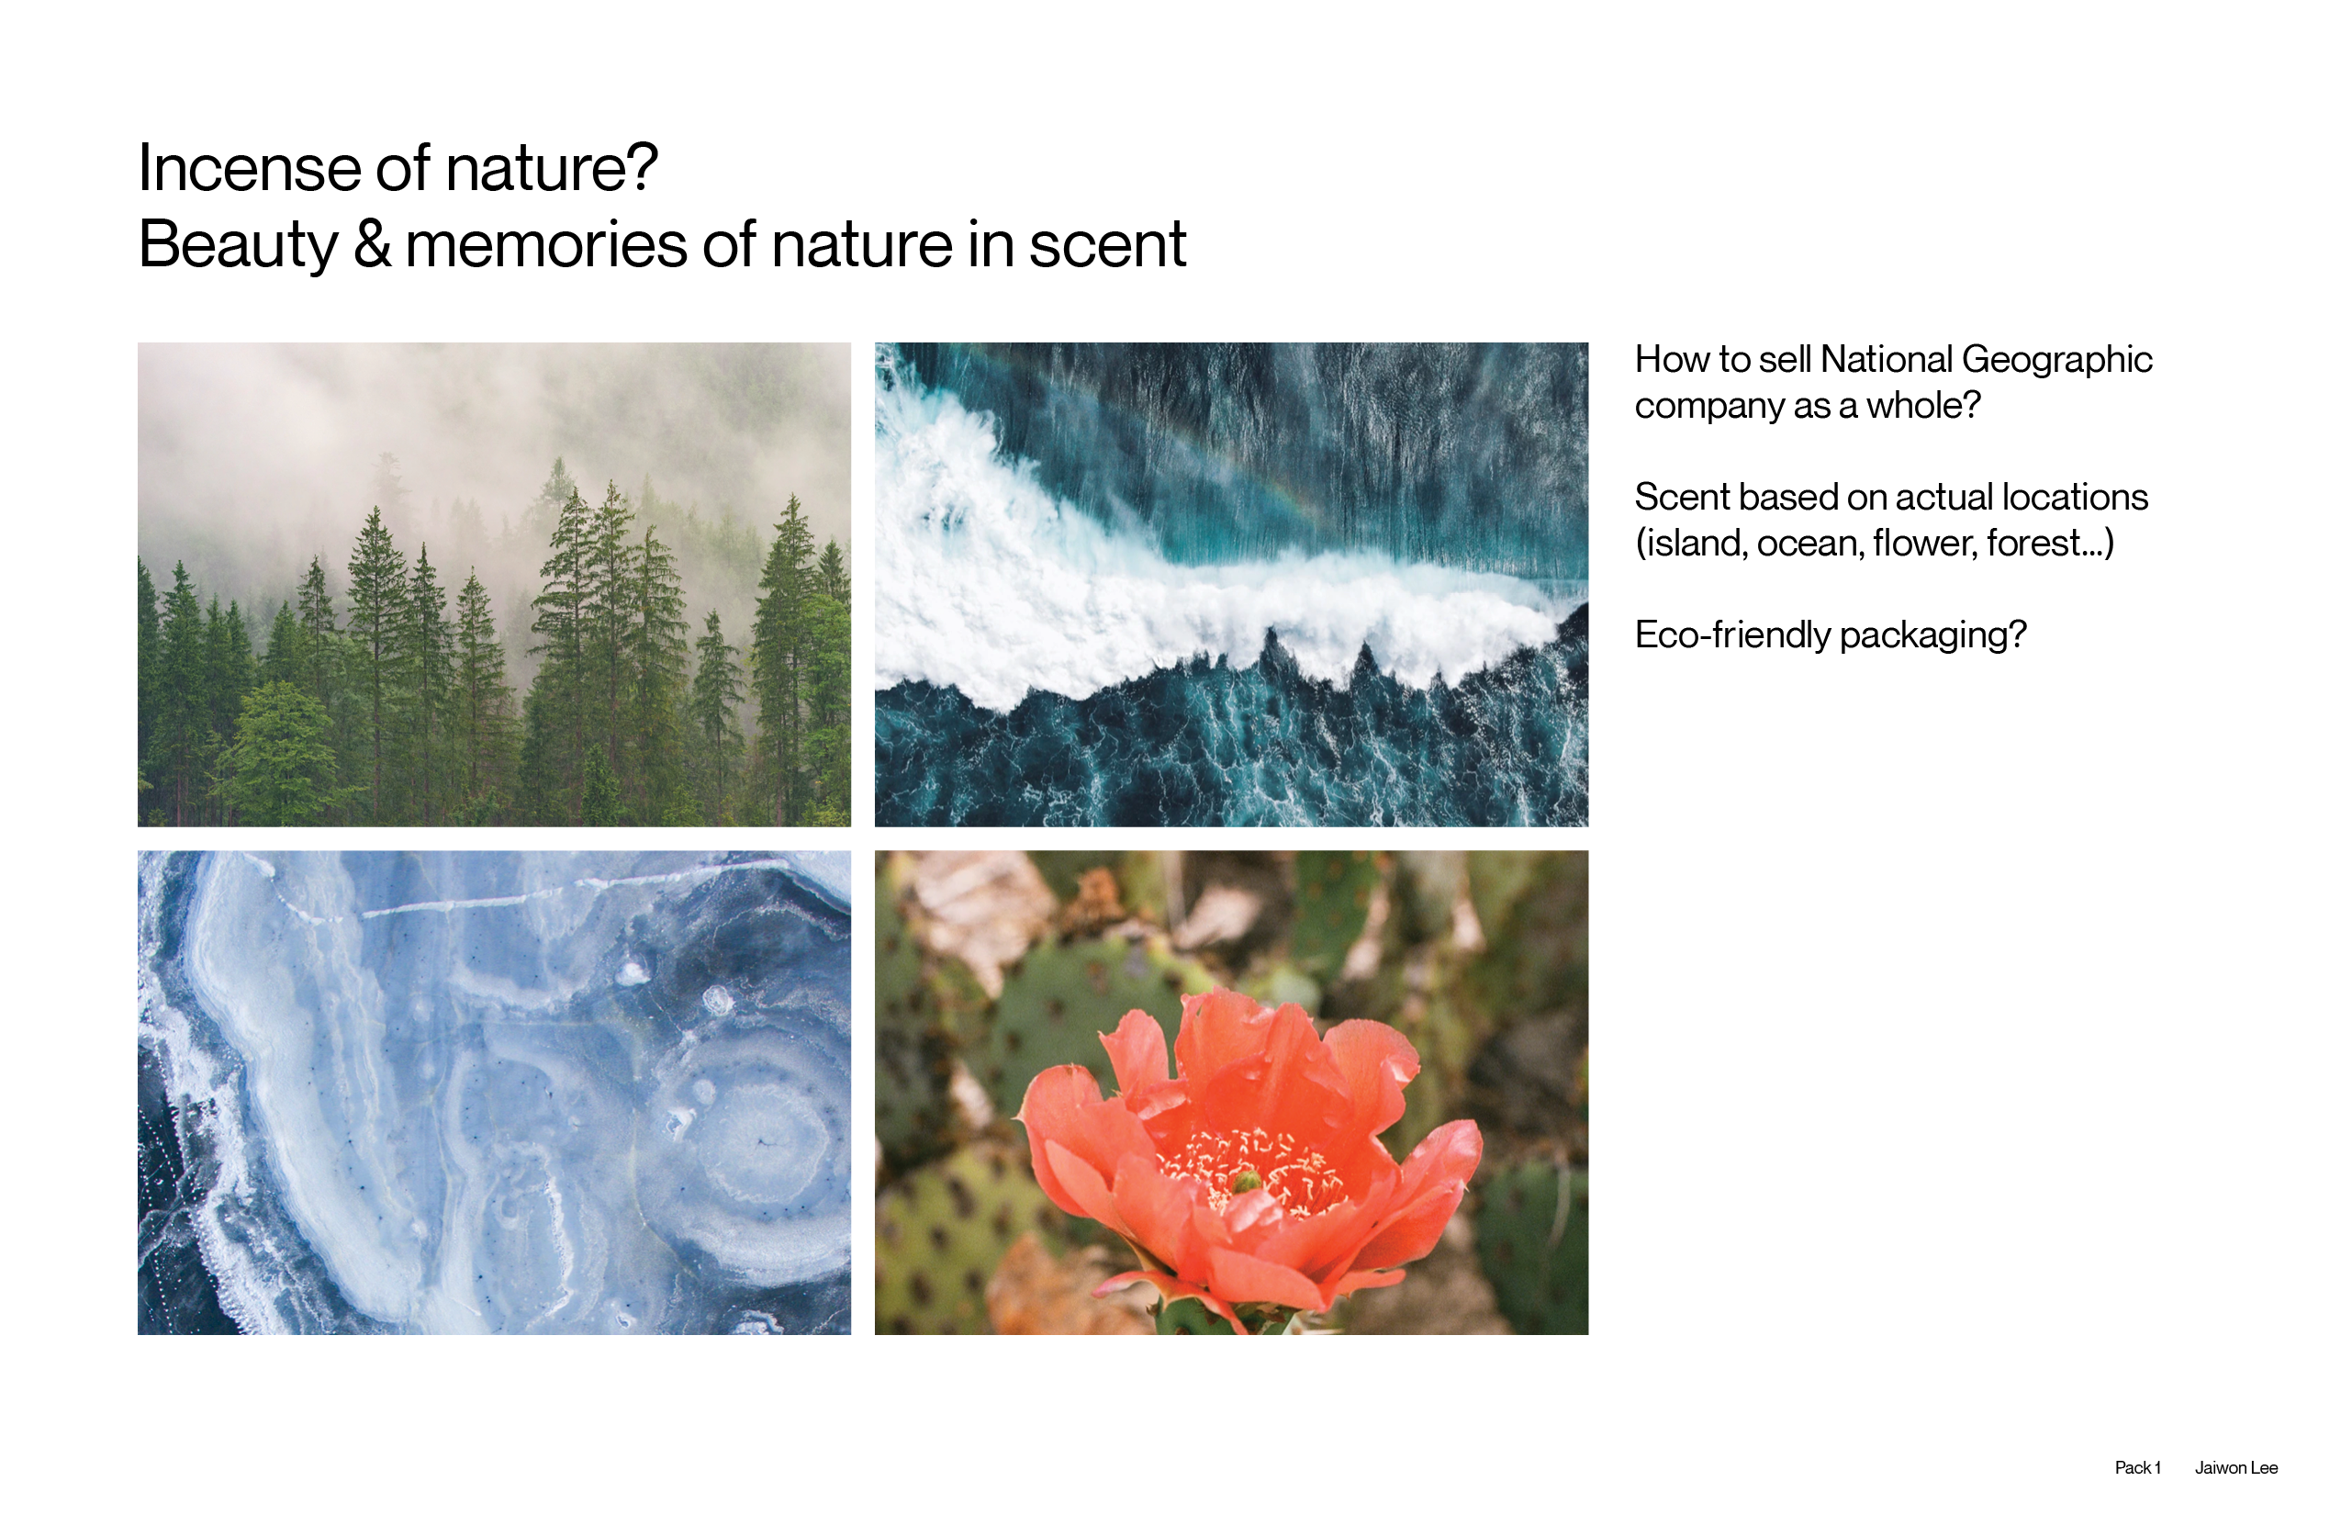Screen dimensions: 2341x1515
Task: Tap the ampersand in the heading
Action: click(372, 244)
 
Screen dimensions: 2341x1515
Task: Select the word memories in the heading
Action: click(546, 244)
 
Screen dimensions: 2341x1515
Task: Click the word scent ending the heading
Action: click(1107, 245)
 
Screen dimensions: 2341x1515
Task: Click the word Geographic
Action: click(2056, 361)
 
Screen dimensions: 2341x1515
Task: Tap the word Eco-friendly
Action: click(1732, 635)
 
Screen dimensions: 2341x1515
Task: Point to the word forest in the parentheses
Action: click(2033, 544)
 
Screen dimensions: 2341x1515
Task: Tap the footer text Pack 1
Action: click(2137, 1468)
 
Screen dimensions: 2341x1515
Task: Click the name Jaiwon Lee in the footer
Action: click(2235, 1468)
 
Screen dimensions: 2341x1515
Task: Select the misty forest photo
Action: click(494, 584)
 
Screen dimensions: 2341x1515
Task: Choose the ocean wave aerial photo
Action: click(1231, 584)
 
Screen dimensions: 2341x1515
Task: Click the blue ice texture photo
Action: click(494, 1092)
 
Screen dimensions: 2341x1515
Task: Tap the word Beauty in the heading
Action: click(238, 246)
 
